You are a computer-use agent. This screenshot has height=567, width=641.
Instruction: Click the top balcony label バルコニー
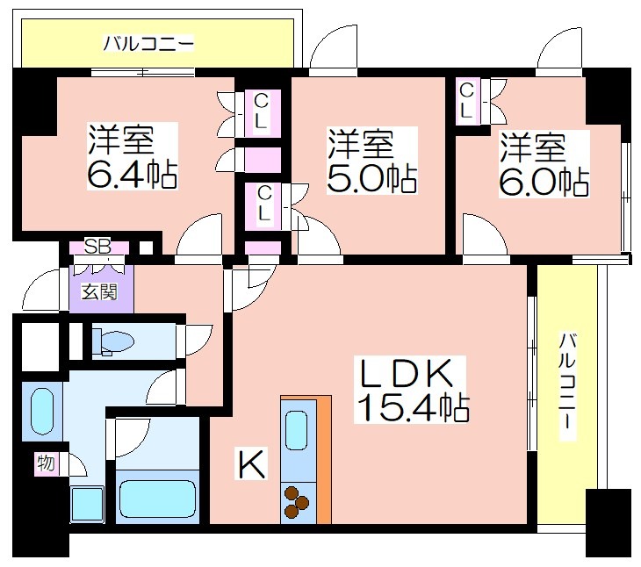pos(148,43)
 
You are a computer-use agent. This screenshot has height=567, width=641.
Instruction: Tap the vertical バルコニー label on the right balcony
pos(567,386)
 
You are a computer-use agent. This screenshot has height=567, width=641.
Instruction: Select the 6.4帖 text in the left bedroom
pos(132,174)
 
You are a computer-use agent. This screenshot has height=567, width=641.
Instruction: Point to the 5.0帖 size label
pos(371,178)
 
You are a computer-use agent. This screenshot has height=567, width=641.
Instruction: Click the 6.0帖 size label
pos(544,183)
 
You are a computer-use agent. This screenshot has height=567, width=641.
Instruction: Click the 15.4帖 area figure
pos(413,407)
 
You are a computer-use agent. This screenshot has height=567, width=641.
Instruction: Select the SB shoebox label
pos(97,247)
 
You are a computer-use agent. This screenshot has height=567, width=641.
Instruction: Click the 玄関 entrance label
pos(99,291)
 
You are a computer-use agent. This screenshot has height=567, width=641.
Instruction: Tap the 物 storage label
pos(46,463)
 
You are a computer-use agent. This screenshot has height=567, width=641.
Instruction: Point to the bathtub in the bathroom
pos(157,496)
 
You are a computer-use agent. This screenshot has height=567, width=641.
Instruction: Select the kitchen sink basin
pos(297,430)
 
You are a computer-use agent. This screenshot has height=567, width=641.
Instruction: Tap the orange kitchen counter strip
pos(324,459)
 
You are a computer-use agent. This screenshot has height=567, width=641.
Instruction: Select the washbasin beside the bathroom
pos(42,412)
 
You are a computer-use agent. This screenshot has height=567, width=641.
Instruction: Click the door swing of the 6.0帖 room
pos(486,235)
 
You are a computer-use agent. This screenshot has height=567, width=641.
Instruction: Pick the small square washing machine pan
pos(88,505)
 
